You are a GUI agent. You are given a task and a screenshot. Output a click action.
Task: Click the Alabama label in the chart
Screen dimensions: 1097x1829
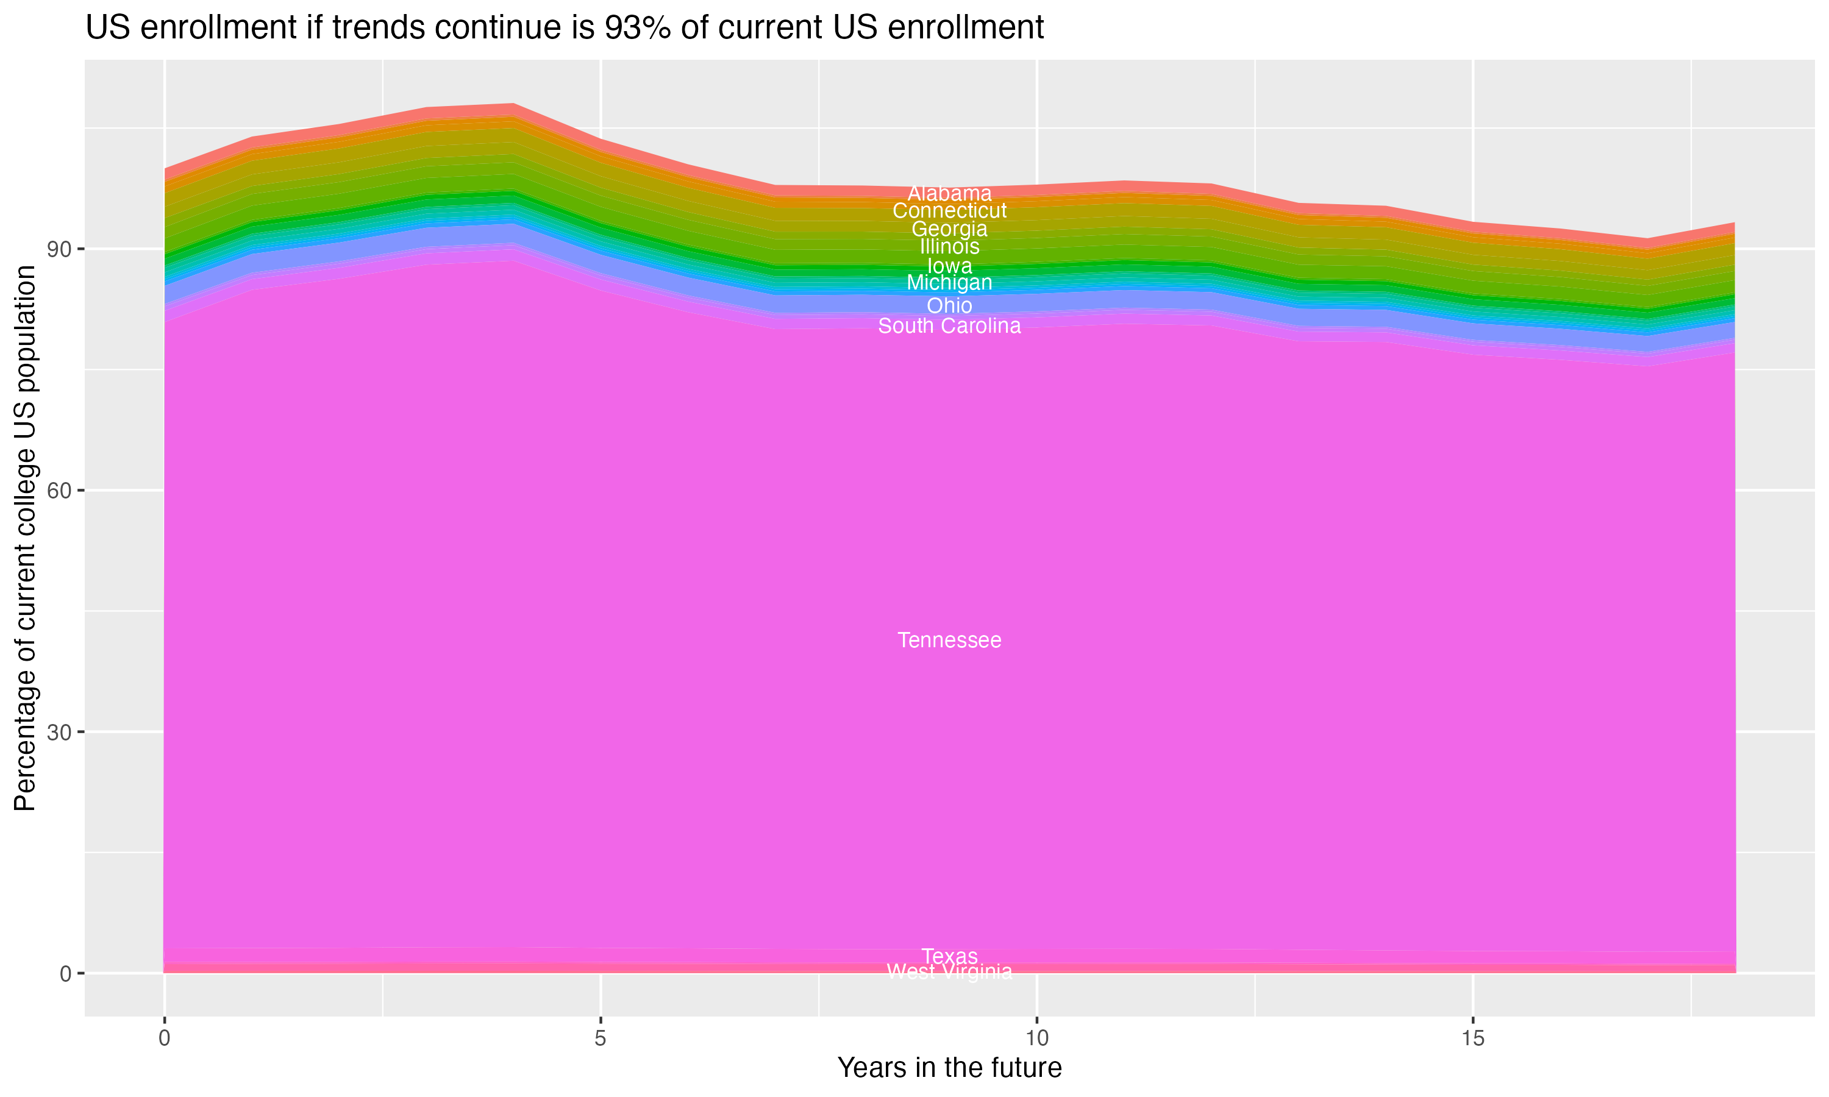tap(949, 194)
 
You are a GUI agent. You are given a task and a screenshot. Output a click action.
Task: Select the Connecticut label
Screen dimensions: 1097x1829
tap(949, 211)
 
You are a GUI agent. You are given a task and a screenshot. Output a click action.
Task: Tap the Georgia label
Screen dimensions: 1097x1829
tap(949, 229)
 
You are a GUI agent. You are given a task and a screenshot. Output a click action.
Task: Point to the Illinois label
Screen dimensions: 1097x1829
tap(949, 247)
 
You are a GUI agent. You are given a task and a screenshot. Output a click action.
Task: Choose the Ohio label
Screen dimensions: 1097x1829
tap(949, 305)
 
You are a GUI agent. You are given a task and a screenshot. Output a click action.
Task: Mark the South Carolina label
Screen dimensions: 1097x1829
tap(949, 326)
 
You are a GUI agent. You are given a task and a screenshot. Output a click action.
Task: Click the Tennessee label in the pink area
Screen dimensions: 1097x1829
tap(949, 640)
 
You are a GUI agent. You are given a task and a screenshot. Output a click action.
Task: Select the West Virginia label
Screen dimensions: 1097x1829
tap(949, 972)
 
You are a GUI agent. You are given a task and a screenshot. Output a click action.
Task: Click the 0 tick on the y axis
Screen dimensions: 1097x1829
tap(66, 973)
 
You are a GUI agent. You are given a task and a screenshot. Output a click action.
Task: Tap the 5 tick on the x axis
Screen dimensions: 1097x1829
tap(601, 1038)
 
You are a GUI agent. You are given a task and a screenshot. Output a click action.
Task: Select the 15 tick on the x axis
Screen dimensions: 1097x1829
tap(1473, 1038)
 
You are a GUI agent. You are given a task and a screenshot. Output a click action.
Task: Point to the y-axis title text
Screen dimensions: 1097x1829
tap(25, 538)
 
